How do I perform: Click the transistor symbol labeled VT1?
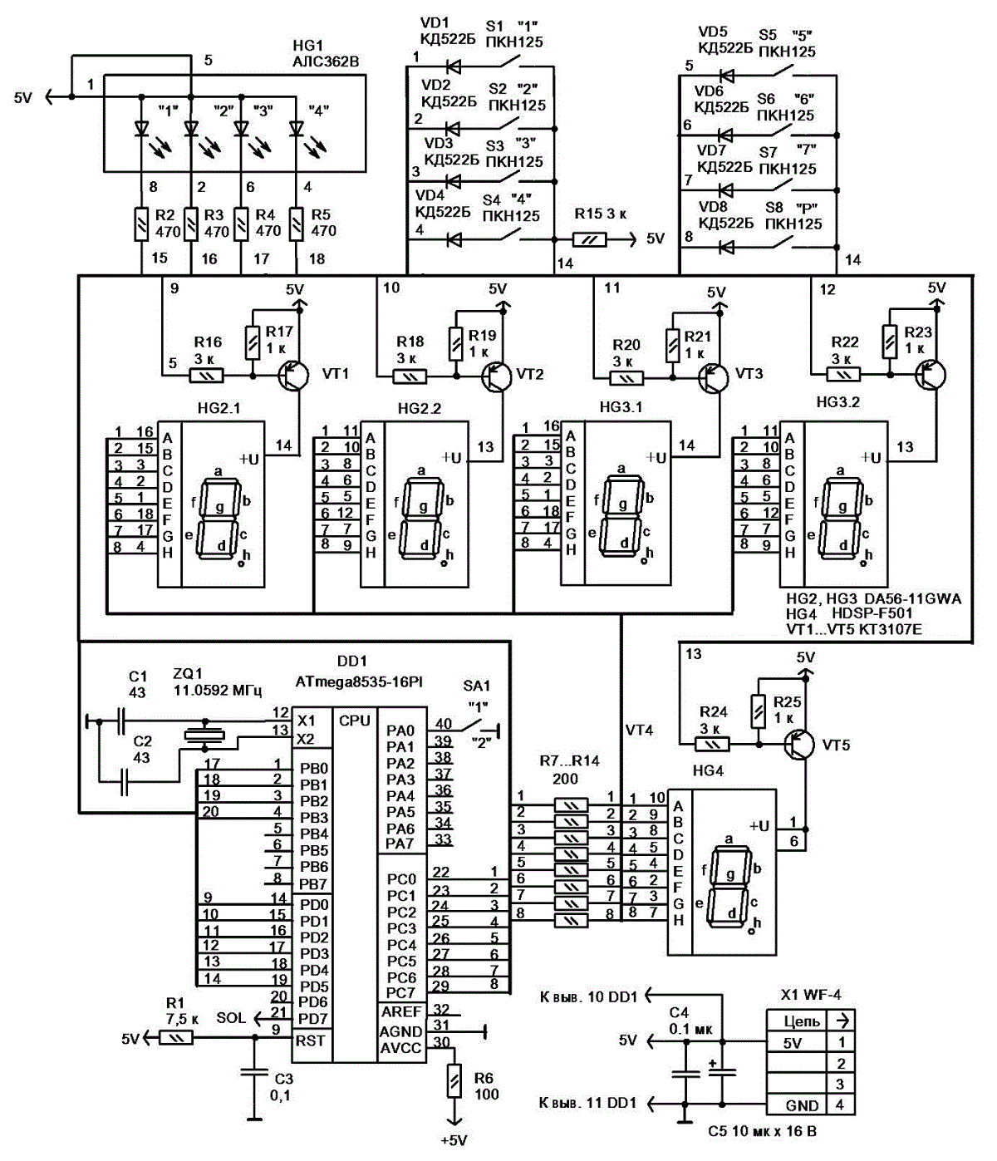click(x=294, y=376)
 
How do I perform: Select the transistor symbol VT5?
click(x=799, y=745)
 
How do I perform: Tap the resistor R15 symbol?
click(x=589, y=240)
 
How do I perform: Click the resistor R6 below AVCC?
click(x=454, y=1080)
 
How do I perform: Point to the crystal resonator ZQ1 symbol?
click(x=205, y=734)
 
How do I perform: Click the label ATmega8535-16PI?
click(x=359, y=681)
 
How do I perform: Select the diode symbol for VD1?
click(x=454, y=66)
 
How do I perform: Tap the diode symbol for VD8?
click(x=726, y=247)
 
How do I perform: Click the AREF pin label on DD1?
click(x=401, y=1011)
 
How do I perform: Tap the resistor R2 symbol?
click(x=141, y=224)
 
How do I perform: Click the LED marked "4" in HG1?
click(x=296, y=130)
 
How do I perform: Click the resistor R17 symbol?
click(x=253, y=342)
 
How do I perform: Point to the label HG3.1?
click(x=621, y=406)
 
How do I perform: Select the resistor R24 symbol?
click(x=712, y=745)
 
